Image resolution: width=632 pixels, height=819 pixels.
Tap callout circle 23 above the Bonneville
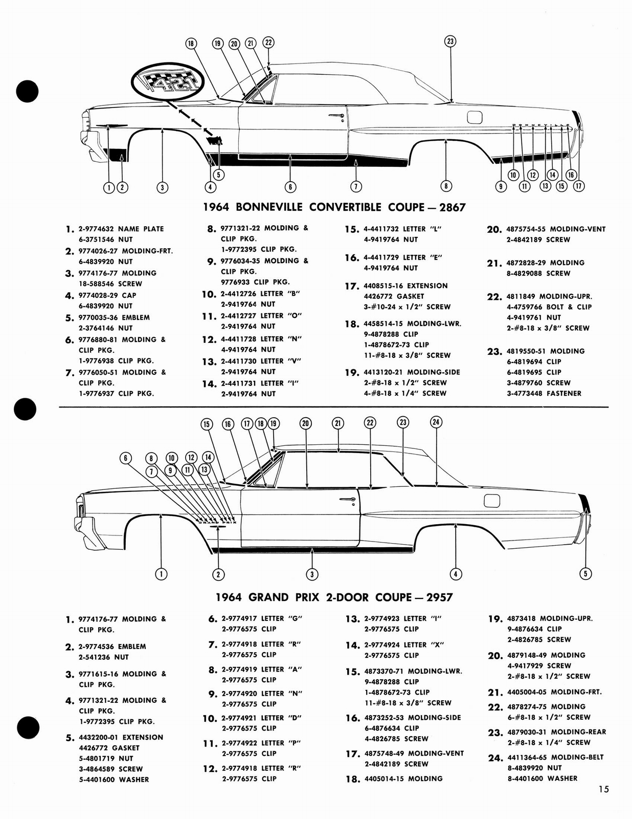(x=450, y=41)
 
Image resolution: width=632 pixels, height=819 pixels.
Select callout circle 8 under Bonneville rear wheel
(x=446, y=186)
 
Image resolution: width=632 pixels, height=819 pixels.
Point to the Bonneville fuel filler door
(x=475, y=117)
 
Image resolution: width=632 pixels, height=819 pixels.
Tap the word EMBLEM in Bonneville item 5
(x=136, y=317)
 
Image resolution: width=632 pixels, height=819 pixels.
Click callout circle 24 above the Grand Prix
(x=436, y=422)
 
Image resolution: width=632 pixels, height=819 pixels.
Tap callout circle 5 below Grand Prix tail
(x=585, y=573)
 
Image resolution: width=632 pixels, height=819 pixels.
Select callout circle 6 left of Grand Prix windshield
(x=126, y=458)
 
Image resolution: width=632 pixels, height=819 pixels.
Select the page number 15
(x=603, y=789)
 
